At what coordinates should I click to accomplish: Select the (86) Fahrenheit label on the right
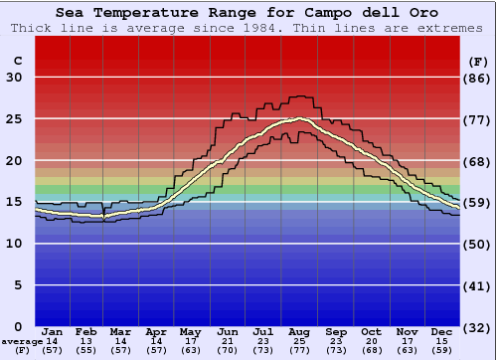coord(478,78)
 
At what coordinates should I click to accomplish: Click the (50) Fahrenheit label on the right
coord(478,244)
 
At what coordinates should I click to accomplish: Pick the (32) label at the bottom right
coord(478,327)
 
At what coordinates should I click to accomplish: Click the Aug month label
coord(299,331)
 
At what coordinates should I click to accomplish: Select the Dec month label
coord(442,331)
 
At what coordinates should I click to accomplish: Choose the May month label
coord(192,331)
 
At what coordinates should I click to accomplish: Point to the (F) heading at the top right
coord(478,62)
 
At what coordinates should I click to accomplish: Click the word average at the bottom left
coord(22,341)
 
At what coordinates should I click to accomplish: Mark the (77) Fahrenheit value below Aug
coord(299,350)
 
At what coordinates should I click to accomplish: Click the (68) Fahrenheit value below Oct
coord(371,350)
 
